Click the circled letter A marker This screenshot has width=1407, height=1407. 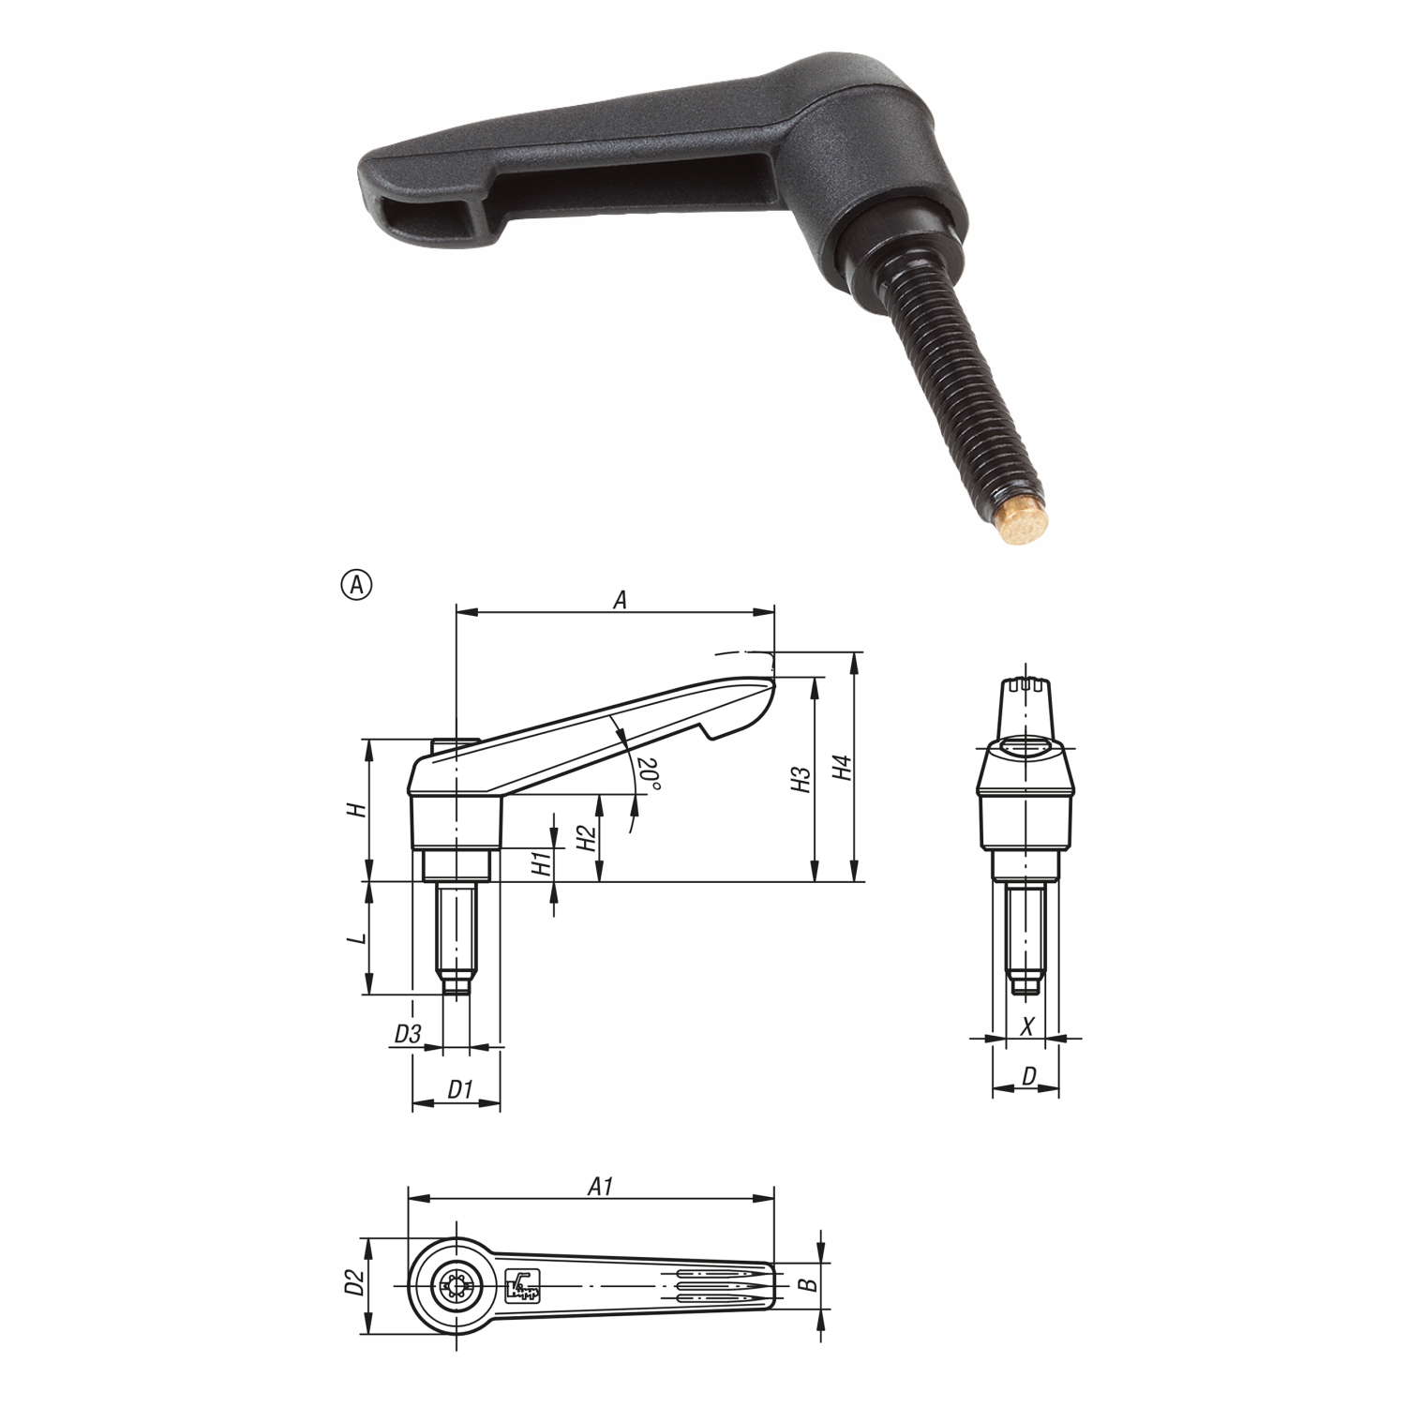(357, 585)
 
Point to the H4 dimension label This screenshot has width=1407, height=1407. (843, 769)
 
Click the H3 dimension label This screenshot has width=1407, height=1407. (800, 780)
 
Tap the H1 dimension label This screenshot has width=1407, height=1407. (541, 864)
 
